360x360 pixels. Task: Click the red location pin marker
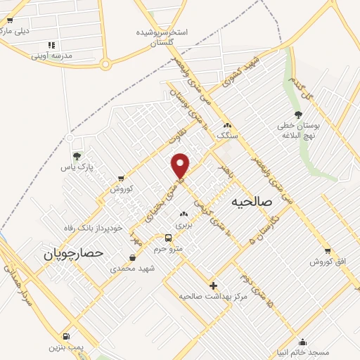coord(181,165)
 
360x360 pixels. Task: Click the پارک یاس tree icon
coord(77,155)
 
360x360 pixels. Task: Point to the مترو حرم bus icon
coord(168,238)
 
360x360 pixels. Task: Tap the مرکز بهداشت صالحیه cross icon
coord(214,285)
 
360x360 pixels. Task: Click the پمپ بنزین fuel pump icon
coord(66,336)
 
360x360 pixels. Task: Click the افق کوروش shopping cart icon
coord(328,251)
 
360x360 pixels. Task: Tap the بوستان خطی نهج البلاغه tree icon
coord(298,115)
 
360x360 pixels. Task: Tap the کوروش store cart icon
coord(121,178)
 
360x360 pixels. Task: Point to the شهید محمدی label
coord(137,268)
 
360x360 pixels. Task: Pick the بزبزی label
coord(184,224)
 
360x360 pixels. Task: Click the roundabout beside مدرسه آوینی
coord(105,65)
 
